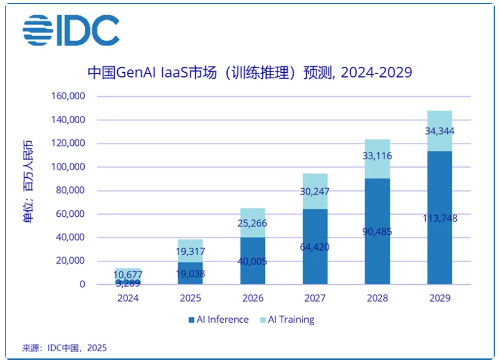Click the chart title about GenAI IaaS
click(249, 72)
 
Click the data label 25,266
click(252, 224)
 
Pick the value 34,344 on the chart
click(440, 131)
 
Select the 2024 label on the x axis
click(128, 297)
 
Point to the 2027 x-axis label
click(315, 297)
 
